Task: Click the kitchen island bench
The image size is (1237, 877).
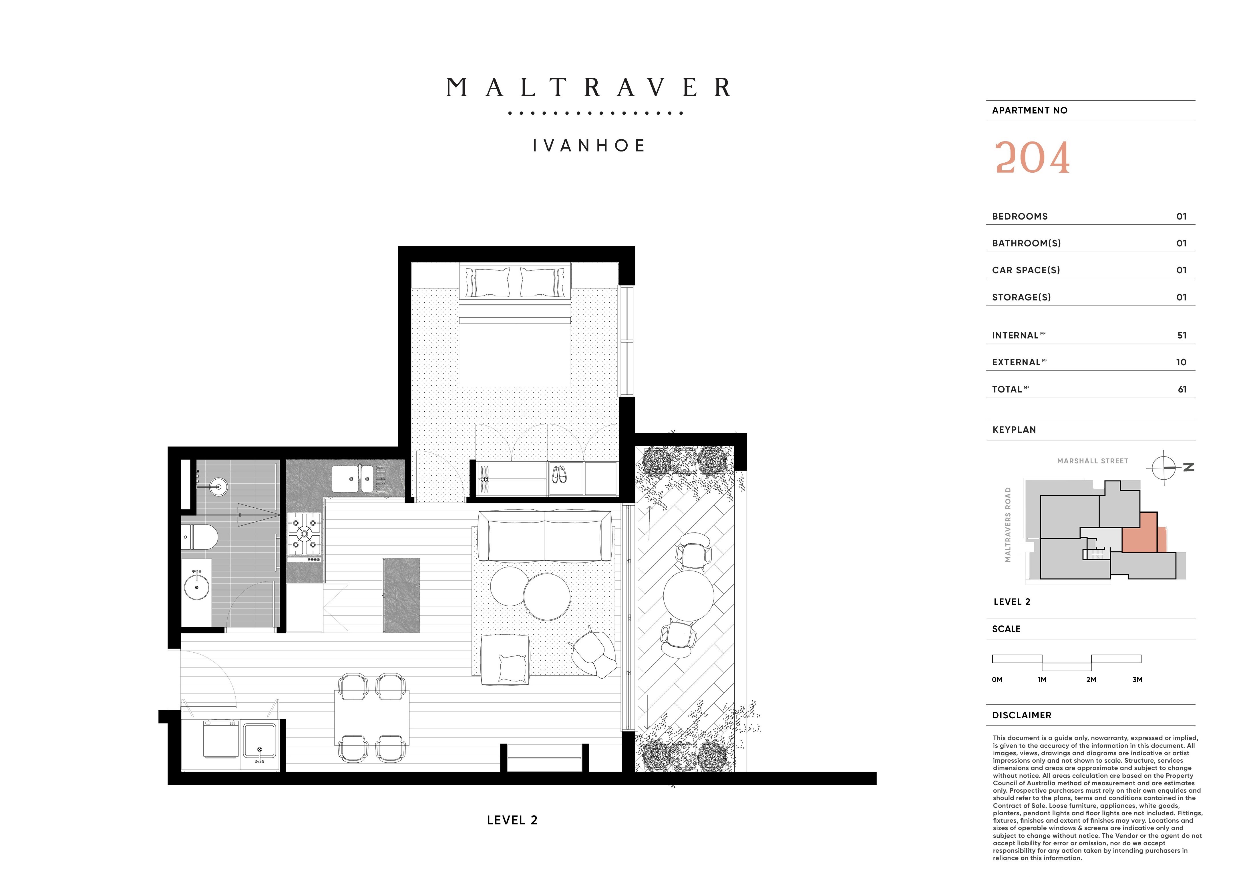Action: [401, 595]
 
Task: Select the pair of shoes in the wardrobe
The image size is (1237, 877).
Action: [560, 475]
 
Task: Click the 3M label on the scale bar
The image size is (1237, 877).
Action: [1137, 679]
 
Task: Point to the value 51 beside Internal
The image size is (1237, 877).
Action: [1182, 335]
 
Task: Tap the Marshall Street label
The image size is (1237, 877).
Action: [1092, 461]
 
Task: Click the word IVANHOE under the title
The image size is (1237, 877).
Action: [589, 146]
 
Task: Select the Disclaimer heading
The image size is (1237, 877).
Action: [1021, 715]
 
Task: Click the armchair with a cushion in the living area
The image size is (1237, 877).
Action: [505, 660]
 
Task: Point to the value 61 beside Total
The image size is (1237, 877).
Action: [1182, 389]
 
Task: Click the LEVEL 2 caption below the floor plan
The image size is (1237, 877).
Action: [512, 820]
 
